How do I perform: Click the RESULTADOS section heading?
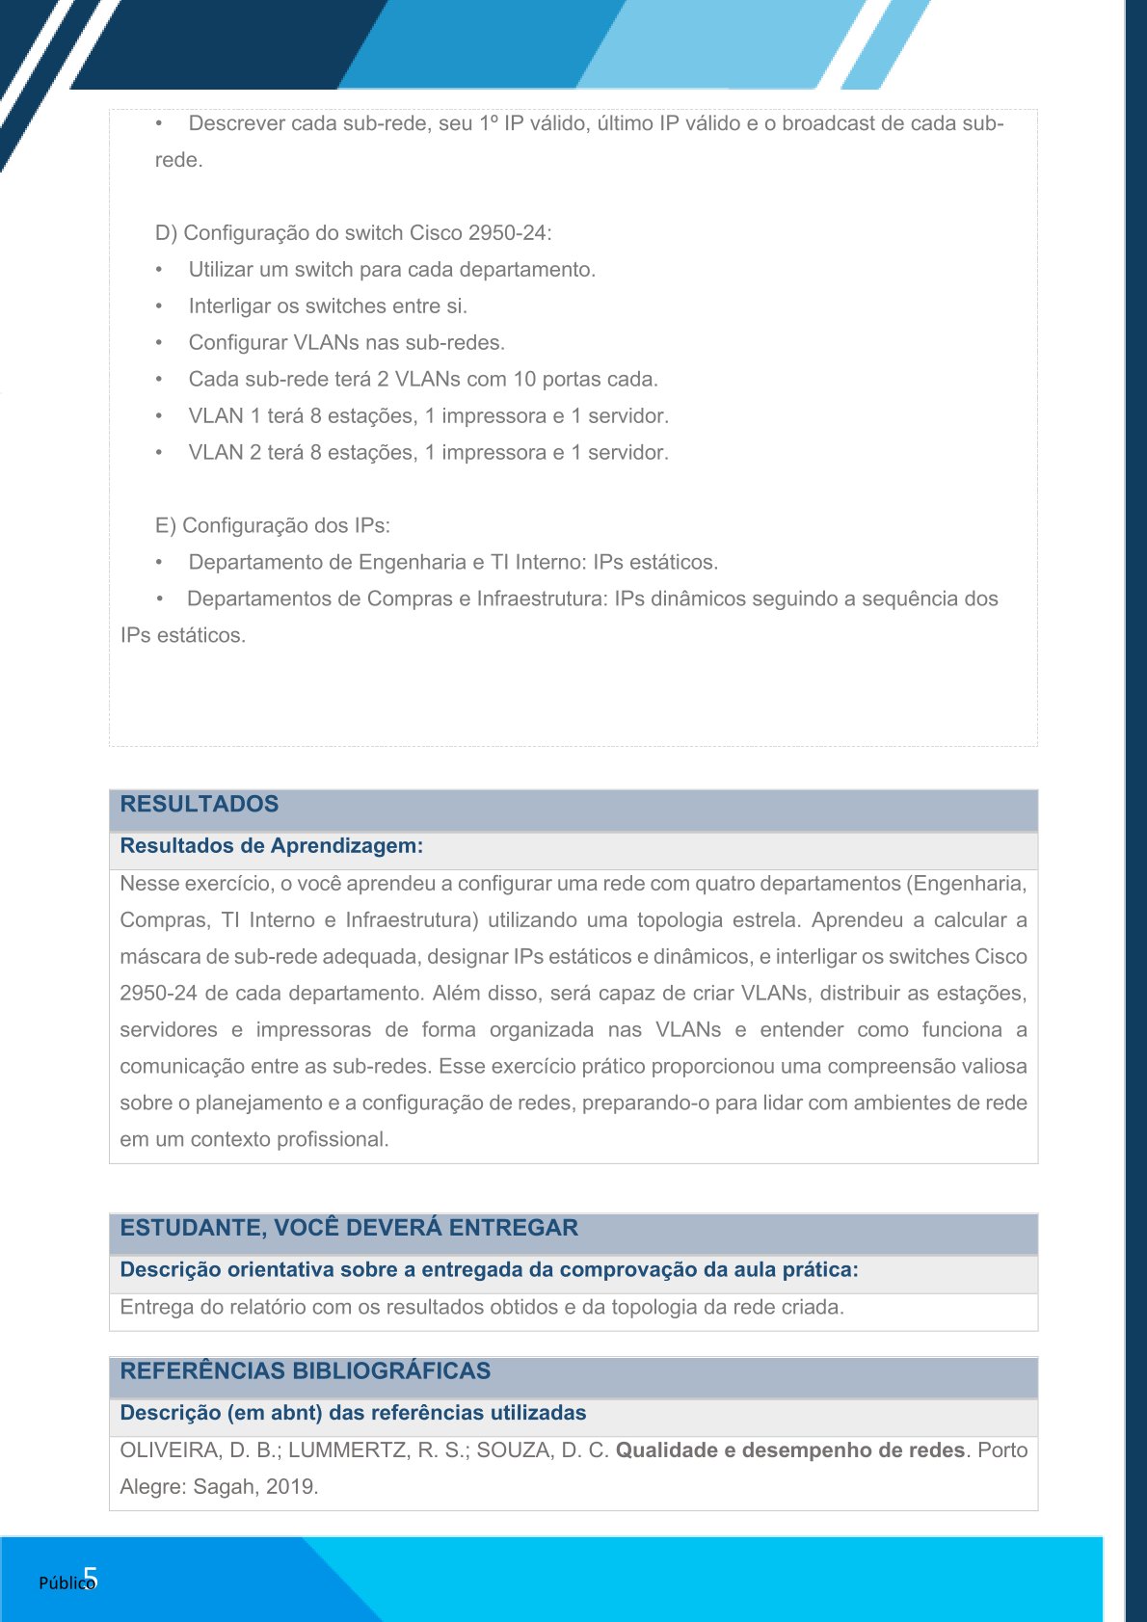coord(199,805)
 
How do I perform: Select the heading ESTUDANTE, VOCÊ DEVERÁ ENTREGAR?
coord(349,1229)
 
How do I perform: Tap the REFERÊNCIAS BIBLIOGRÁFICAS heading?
coord(305,1371)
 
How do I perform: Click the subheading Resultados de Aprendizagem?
coord(271,846)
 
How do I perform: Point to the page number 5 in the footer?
coord(91,1578)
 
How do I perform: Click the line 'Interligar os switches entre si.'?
coord(328,306)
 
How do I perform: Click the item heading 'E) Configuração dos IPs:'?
coord(272,526)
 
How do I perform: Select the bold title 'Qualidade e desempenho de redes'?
coord(789,1450)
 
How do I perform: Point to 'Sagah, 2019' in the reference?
coord(253,1487)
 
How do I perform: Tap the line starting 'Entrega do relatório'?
coord(481,1308)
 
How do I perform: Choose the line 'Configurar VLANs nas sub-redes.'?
coord(346,343)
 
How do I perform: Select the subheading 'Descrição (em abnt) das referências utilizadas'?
coord(353,1414)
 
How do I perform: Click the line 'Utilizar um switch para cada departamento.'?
coord(391,270)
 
